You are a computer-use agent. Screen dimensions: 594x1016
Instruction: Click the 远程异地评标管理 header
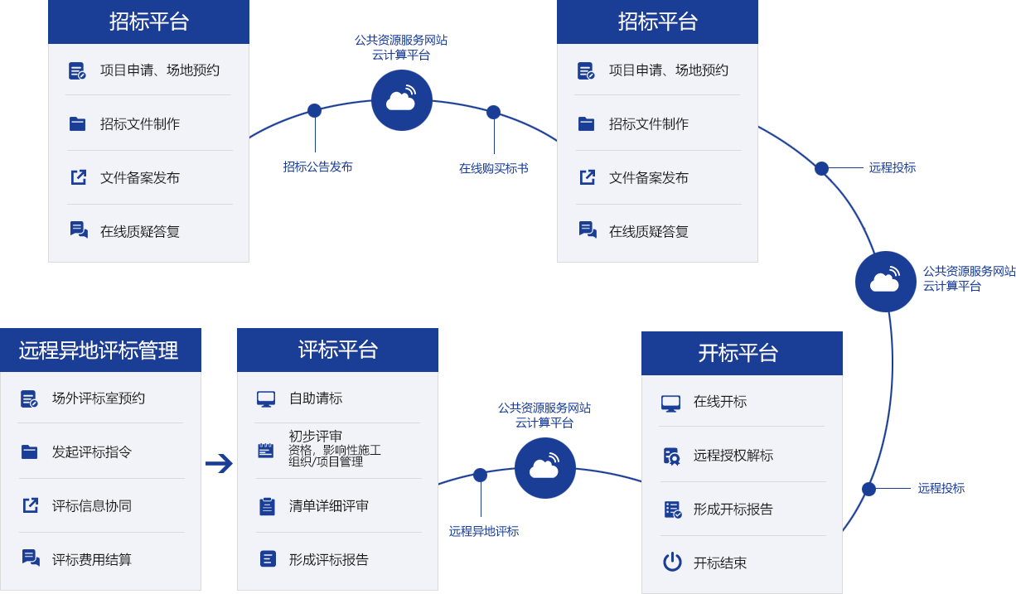[x=99, y=350]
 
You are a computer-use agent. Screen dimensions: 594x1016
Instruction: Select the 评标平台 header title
[x=337, y=350]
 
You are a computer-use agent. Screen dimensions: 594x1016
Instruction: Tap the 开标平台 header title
[x=738, y=353]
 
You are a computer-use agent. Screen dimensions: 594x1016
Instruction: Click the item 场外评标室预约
[x=99, y=398]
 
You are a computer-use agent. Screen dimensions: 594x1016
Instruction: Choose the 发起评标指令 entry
[x=92, y=452]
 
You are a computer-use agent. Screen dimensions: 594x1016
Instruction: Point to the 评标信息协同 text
[x=92, y=506]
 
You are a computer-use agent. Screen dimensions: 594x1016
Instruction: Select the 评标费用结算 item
[x=92, y=560]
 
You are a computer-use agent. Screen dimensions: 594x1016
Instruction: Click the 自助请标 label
[x=316, y=398]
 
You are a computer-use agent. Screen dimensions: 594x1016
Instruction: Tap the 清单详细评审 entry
[x=329, y=506]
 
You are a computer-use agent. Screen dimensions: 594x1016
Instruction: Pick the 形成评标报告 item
[x=329, y=560]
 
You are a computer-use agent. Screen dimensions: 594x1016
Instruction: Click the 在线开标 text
[x=720, y=402]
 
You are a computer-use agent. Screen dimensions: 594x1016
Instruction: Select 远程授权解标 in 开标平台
[x=733, y=456]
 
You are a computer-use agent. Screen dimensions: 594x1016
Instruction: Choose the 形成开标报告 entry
[x=733, y=509]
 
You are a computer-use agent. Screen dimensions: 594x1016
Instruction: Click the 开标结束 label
[x=720, y=563]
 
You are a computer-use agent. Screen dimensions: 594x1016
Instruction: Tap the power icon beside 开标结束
[x=672, y=563]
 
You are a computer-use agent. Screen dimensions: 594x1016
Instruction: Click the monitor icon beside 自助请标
[x=266, y=399]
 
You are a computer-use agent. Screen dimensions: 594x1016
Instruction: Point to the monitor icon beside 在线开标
[x=670, y=403]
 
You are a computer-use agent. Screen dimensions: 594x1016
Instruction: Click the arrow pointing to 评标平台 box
[x=219, y=464]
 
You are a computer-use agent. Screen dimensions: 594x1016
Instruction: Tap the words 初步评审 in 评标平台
[x=316, y=436]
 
